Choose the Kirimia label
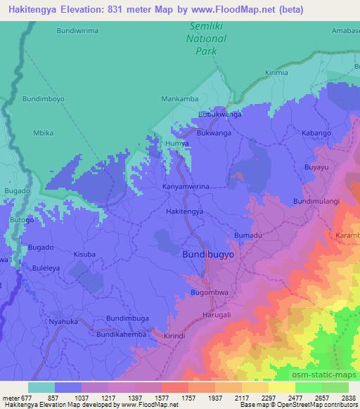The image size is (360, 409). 276,73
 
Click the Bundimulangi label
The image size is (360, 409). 316,201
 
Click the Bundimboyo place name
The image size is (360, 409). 44,99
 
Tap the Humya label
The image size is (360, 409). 174,143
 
